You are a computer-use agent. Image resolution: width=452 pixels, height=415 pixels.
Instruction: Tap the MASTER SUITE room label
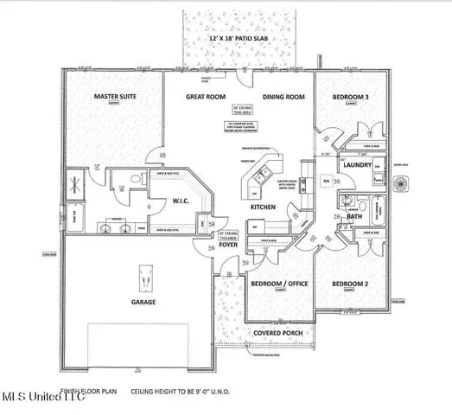118,97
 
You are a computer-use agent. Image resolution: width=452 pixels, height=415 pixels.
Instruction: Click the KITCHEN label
263,208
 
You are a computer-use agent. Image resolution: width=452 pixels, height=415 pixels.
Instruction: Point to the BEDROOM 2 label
351,284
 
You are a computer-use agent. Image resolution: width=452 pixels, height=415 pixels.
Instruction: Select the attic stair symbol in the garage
143,278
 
